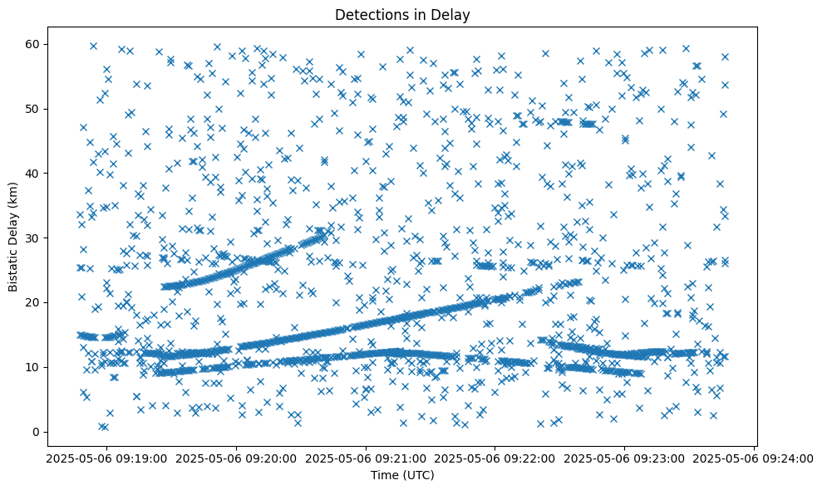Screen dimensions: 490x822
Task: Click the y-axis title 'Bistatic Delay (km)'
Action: click(13, 238)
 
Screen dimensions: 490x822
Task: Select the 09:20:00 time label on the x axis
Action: click(235, 457)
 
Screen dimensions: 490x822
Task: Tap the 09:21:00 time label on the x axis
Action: click(366, 457)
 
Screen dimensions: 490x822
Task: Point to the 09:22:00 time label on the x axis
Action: click(495, 457)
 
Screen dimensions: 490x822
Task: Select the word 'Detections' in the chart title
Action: click(368, 14)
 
